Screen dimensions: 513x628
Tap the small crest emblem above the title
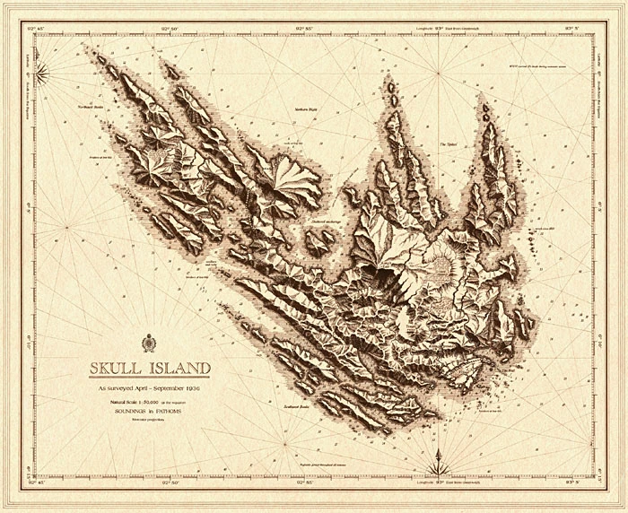[149, 343]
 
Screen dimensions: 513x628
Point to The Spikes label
[448, 143]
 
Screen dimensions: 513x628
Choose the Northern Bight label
[308, 109]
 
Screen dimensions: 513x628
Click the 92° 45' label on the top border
[37, 26]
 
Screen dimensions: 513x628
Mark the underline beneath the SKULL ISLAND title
[149, 378]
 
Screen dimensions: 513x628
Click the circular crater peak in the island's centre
[443, 261]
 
